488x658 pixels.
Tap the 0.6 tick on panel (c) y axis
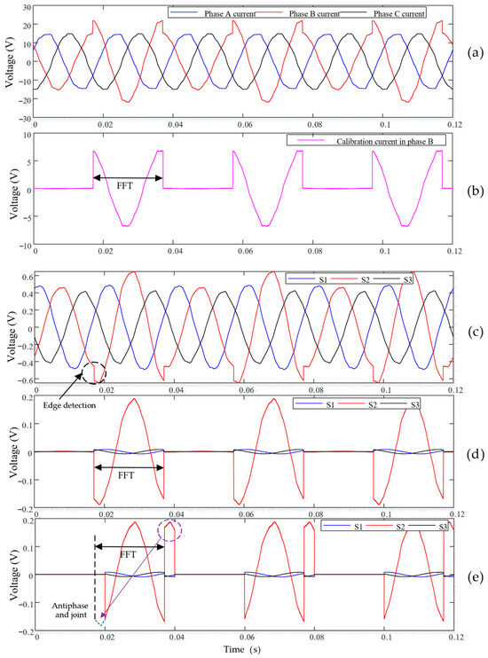coord(26,277)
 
